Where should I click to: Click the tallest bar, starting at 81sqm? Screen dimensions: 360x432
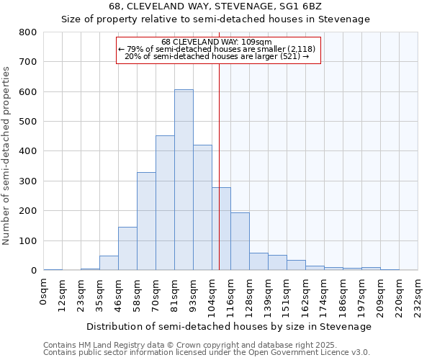pos(184,180)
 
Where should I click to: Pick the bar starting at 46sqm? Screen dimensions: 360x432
pos(127,248)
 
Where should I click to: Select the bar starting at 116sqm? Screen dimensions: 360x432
pos(240,241)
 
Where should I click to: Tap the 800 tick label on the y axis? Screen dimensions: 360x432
pos(27,32)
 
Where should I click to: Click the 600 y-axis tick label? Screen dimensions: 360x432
pos(27,92)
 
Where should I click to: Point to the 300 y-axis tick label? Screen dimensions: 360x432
pos(27,181)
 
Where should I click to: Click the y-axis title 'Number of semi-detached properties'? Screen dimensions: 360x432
pos(6,155)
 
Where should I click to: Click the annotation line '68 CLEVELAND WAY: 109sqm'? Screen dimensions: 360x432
pos(217,42)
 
